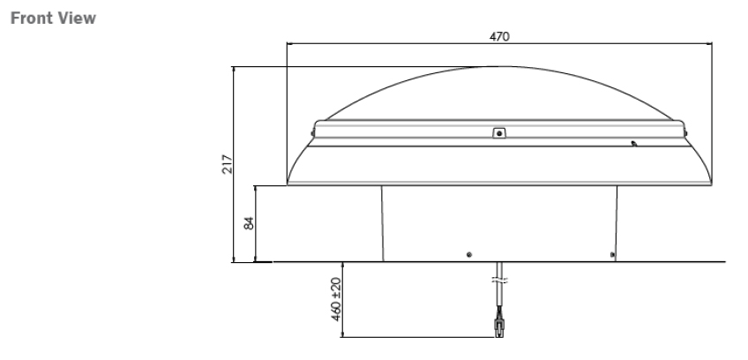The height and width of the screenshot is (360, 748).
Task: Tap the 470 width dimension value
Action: (499, 37)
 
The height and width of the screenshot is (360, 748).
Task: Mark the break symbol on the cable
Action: (498, 281)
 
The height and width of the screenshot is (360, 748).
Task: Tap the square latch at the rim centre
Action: (498, 133)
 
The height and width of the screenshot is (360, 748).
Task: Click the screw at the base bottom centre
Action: (468, 254)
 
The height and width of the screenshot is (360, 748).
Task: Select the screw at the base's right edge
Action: (613, 255)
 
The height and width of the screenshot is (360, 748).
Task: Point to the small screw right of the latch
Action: (633, 142)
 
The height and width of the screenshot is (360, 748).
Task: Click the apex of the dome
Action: (499, 66)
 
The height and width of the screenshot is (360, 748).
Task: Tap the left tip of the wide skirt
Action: (289, 184)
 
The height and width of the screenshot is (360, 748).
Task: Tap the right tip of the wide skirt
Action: (711, 184)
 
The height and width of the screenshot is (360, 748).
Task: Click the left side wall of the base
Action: (382, 222)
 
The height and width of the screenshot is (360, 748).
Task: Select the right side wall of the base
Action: (617, 222)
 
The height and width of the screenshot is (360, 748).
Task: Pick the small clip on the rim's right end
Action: (686, 132)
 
